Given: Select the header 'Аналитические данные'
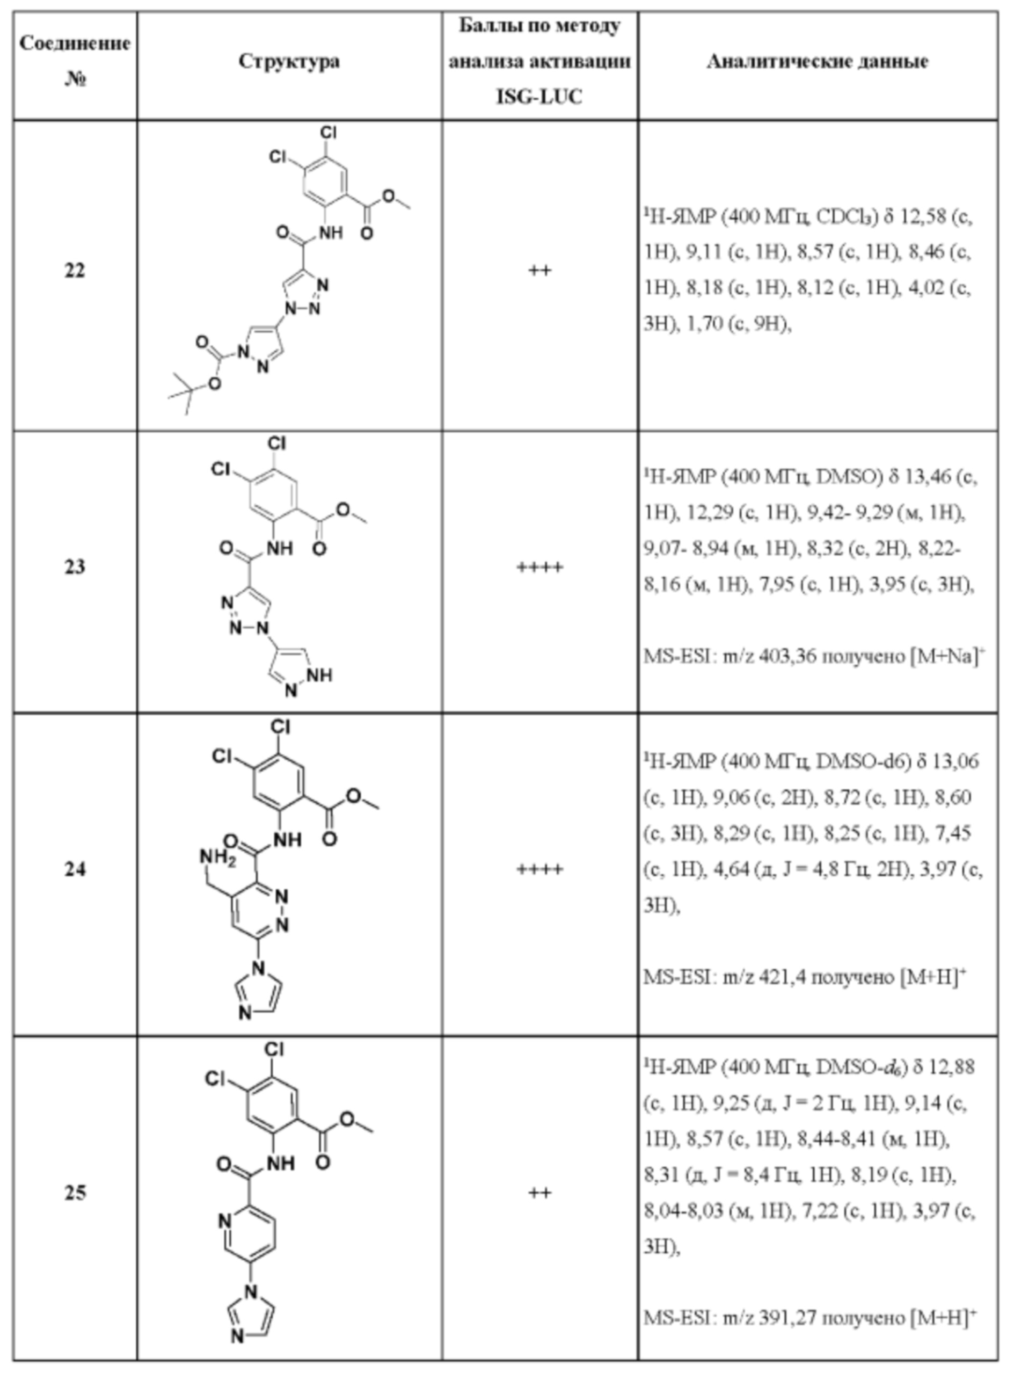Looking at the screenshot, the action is coord(817,61).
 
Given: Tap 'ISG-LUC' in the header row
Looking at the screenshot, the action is coord(539,97).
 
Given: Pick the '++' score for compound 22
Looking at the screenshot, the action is coord(539,271).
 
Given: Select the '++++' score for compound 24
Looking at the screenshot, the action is coord(539,869).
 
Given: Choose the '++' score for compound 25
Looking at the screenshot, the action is coord(539,1193).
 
